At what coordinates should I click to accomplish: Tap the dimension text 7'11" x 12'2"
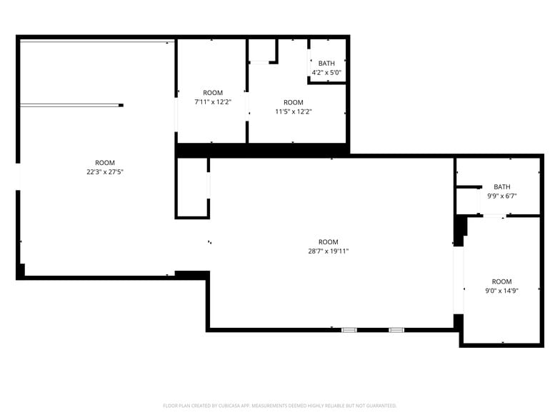(213, 101)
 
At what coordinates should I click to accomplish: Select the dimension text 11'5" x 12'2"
(294, 111)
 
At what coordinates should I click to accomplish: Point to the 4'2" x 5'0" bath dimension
(326, 72)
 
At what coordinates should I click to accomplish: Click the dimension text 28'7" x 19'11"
(329, 251)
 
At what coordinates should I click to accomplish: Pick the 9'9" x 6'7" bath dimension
(502, 196)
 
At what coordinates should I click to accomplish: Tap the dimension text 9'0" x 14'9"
(501, 291)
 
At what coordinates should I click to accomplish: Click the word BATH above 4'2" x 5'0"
(326, 64)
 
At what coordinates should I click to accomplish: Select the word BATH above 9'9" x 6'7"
(502, 187)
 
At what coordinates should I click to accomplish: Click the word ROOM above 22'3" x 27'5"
(105, 163)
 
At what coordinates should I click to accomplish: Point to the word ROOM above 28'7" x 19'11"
(329, 242)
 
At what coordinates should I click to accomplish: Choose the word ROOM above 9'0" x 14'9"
(501, 282)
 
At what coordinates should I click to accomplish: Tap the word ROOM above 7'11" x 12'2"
(213, 93)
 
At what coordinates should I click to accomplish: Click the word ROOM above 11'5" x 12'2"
(294, 102)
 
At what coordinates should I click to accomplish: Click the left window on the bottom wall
(349, 330)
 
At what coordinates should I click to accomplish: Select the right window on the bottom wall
(396, 330)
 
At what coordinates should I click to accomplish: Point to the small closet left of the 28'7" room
(191, 187)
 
